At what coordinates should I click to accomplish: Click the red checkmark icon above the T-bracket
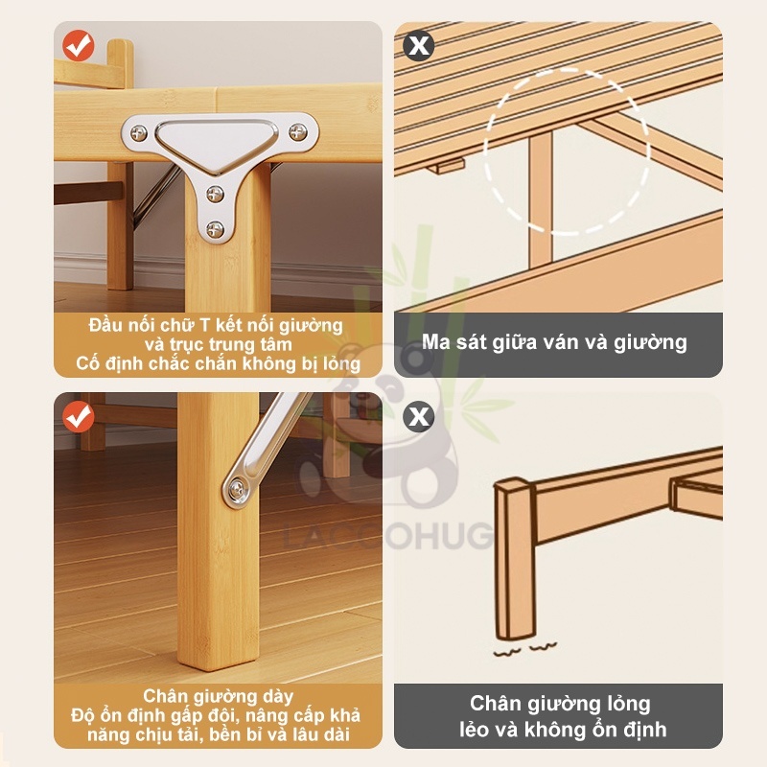pyautogui.click(x=79, y=45)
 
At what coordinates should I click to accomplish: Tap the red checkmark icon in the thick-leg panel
pyautogui.click(x=79, y=417)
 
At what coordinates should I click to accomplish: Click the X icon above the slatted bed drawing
pyautogui.click(x=419, y=45)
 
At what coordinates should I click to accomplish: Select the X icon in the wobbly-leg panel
pyautogui.click(x=419, y=417)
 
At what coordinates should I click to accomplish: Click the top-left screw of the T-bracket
pyautogui.click(x=139, y=132)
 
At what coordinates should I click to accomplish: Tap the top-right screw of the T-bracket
pyautogui.click(x=298, y=131)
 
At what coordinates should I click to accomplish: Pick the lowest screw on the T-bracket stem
pyautogui.click(x=215, y=228)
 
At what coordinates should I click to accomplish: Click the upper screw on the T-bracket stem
pyautogui.click(x=215, y=194)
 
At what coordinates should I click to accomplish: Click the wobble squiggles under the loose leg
pyautogui.click(x=524, y=650)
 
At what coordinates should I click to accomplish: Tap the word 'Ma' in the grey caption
pyautogui.click(x=436, y=342)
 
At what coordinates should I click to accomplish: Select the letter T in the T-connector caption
pyautogui.click(x=205, y=325)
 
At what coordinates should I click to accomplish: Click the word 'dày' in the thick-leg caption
pyautogui.click(x=278, y=697)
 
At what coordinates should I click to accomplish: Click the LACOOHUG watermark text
pyautogui.click(x=389, y=536)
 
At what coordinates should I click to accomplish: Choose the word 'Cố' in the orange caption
pyautogui.click(x=86, y=364)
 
